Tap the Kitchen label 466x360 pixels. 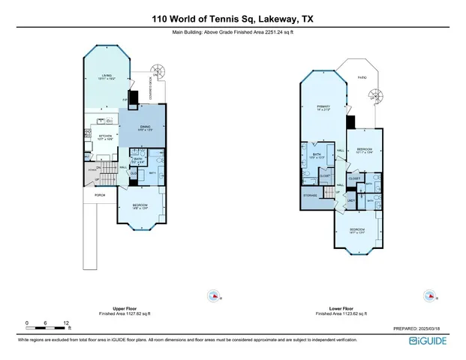tap(106, 136)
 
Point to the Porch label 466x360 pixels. tap(100, 196)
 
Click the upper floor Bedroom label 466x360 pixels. tap(140, 206)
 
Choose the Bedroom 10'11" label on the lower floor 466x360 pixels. tap(365, 151)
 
